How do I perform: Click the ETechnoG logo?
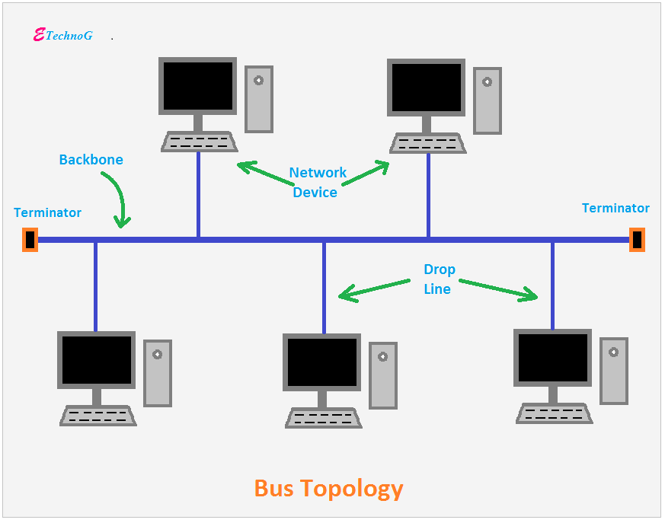coord(62,35)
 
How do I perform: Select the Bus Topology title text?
coord(328,489)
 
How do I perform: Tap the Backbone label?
coord(91,159)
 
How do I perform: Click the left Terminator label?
coord(47,212)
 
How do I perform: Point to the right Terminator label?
coord(615,208)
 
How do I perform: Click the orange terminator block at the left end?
coord(30,240)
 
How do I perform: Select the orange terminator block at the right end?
coord(637,240)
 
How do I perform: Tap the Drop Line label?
coord(439,279)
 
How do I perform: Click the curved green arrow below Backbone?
coord(120,196)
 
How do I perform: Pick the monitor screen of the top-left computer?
coord(197,86)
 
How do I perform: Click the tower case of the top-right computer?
coord(488,101)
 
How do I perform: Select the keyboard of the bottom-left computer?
coord(98,416)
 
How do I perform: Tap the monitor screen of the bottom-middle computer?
coord(322,362)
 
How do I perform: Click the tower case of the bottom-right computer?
coord(614,372)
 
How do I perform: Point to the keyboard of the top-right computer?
coord(428,143)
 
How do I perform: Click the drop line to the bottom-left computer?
coord(95,287)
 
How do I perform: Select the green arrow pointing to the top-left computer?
coord(265,173)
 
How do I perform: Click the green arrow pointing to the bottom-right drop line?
coord(498,290)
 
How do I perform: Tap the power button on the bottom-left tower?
coord(158,354)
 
